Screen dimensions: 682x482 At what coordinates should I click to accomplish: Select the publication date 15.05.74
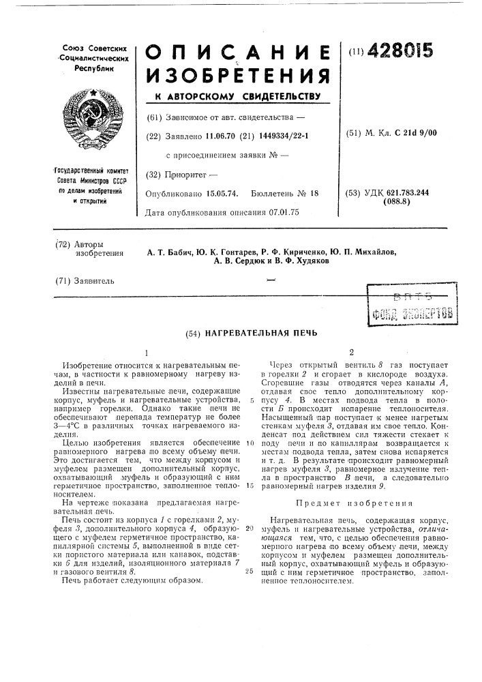point(217,194)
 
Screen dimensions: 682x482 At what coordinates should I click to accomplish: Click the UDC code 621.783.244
point(409,193)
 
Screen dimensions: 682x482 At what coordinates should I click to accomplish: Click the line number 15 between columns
point(251,485)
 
